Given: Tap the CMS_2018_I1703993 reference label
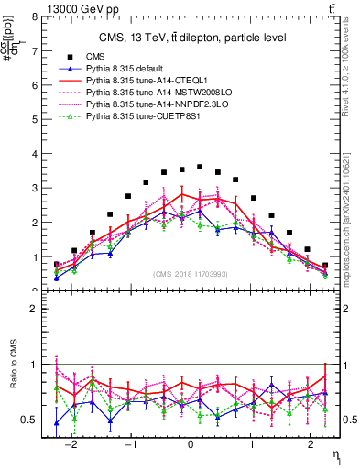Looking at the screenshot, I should [191, 274].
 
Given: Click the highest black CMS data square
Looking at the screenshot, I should [200, 167].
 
